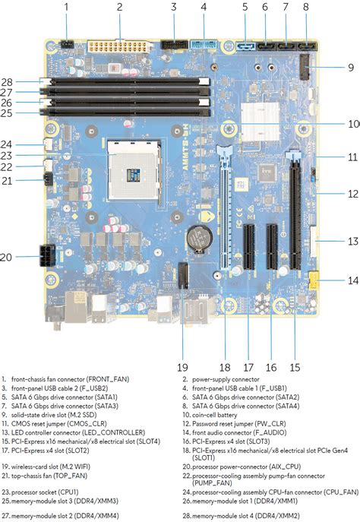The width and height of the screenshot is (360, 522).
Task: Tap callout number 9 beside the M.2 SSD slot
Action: [x=350, y=68]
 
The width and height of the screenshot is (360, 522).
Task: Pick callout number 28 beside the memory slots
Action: [x=8, y=81]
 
